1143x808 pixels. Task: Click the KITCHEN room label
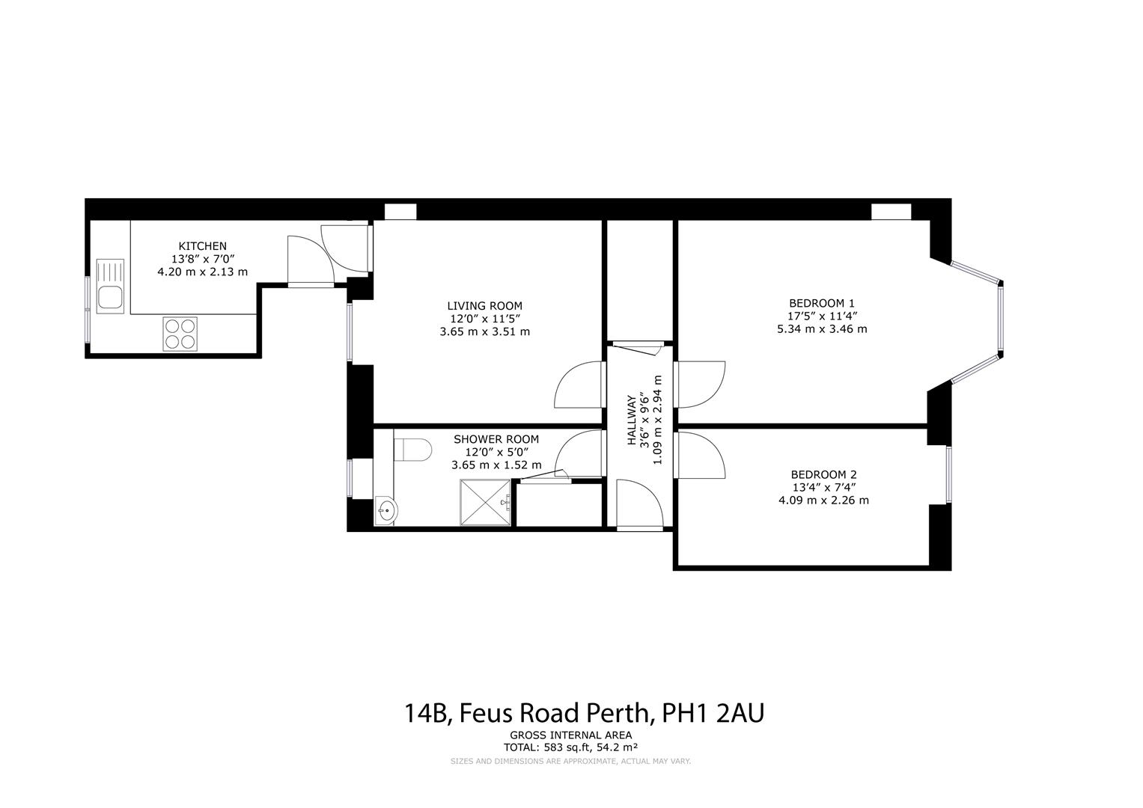(202, 245)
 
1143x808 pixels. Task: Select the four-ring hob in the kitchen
(180, 334)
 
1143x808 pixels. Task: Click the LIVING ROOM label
(484, 305)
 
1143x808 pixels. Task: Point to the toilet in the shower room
(412, 450)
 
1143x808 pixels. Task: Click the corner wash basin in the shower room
(386, 512)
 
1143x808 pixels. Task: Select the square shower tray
(484, 503)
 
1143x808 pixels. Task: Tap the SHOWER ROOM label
(496, 439)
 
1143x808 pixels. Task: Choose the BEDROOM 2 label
(823, 474)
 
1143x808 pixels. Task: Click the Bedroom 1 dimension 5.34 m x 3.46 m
(821, 328)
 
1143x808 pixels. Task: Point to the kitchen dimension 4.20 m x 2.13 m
(202, 272)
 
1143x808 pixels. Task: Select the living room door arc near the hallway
(579, 385)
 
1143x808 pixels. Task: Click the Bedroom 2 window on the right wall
(948, 474)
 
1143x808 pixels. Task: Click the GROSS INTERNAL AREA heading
(570, 735)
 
